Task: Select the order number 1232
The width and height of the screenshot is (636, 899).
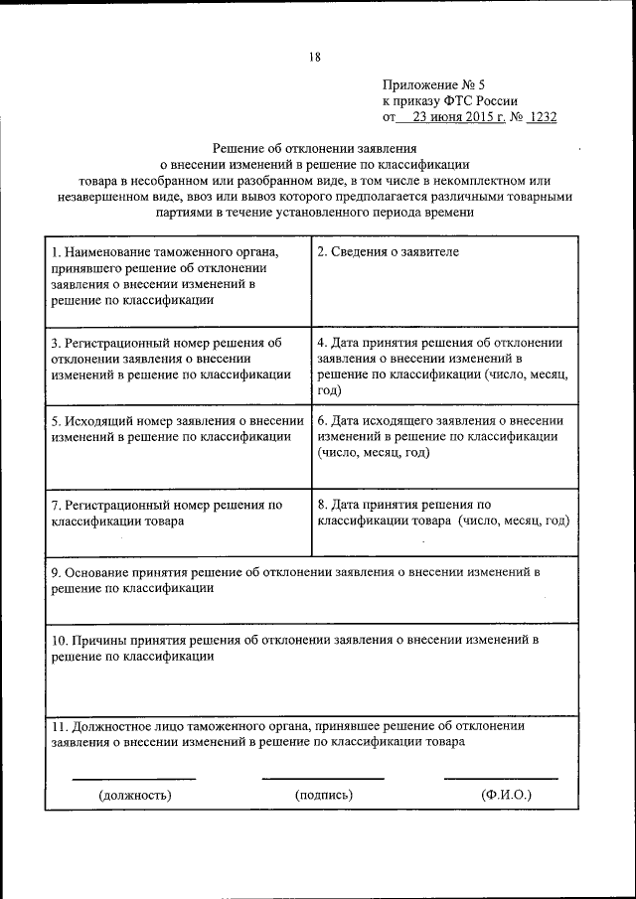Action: coord(542,116)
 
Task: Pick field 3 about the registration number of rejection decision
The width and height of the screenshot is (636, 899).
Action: coord(171,359)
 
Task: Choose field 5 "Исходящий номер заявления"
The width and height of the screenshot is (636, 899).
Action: coord(177,428)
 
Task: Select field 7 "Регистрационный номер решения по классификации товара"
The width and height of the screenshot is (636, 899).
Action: coord(167,513)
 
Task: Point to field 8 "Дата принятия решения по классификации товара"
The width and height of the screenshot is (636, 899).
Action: coord(442,513)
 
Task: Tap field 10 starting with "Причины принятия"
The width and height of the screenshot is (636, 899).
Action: coord(294,648)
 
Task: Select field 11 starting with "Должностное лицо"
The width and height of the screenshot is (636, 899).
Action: coord(287,733)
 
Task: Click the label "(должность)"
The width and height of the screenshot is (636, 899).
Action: coord(134,795)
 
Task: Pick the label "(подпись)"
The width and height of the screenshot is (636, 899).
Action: coord(324,795)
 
